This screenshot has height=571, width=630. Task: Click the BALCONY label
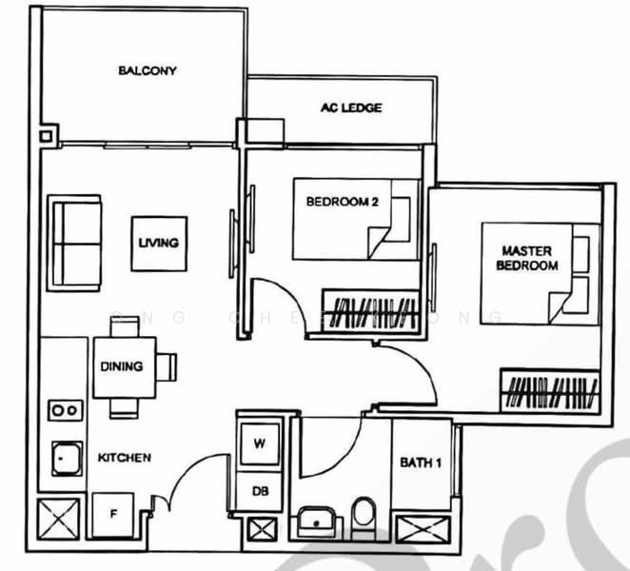tap(148, 71)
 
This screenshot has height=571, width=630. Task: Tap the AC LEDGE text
tap(350, 108)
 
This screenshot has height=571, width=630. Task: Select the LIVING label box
tap(158, 243)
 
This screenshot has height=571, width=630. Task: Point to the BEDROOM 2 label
tap(343, 202)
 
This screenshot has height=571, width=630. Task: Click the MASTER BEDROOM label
tap(526, 258)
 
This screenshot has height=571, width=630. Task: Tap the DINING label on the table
tap(121, 366)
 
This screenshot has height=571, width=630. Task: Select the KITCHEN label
tap(124, 458)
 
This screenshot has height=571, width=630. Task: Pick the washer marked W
tap(259, 443)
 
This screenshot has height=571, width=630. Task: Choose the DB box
tap(259, 491)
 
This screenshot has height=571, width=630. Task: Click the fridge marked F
tap(113, 515)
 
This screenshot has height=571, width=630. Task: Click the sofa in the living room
tap(76, 243)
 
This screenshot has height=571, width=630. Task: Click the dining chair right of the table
tap(167, 366)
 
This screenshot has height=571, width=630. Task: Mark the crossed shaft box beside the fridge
tap(57, 520)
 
